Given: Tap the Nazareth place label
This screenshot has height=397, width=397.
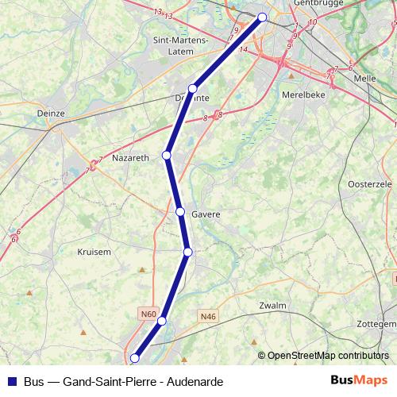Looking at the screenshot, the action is coord(131,158).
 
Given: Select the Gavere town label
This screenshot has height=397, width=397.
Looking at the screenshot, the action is coord(206,214).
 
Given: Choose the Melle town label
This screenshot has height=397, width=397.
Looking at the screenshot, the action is coord(364,79).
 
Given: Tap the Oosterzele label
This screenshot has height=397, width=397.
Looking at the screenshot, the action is coord(370,183).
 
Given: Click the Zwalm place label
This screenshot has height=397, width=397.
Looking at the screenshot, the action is coord(272,305).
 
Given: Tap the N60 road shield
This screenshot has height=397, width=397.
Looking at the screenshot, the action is coord(148,314).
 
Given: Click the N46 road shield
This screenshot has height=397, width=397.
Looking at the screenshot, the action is coord(208,317).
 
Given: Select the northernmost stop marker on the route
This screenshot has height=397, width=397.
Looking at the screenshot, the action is coord(263,17).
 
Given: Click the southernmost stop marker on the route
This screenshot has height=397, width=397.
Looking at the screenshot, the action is coord(134,359).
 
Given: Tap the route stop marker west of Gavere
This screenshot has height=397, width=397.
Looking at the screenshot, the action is coord(180,212).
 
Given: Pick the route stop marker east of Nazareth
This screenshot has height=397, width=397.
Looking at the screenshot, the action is coord(167,155).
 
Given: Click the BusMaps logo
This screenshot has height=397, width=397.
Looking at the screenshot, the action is coord(360,381).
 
